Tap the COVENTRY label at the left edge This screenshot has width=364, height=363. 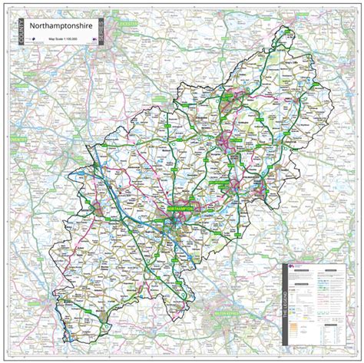17,140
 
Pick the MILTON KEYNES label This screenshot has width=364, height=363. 223,312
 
